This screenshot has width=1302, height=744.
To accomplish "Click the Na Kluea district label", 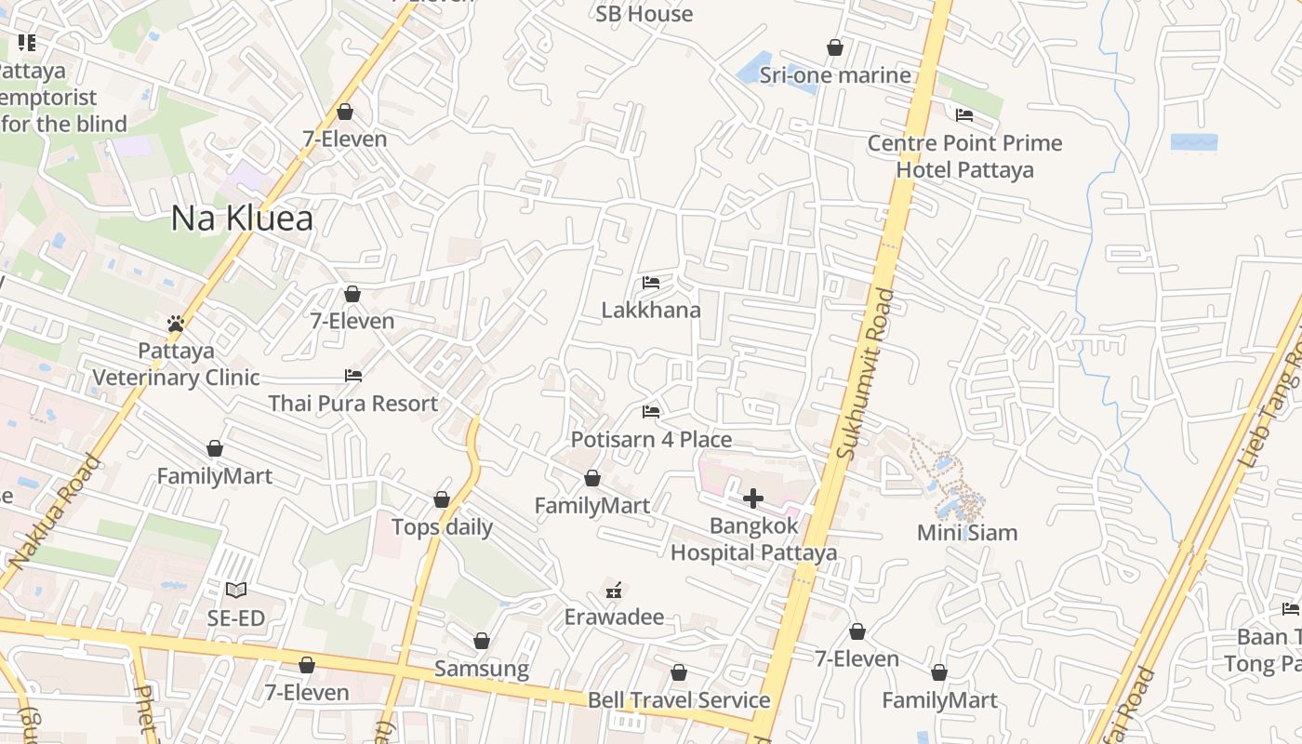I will tap(242, 219).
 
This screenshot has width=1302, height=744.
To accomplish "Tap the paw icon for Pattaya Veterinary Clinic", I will tap(176, 324).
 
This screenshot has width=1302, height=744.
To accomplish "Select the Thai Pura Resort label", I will tap(352, 404).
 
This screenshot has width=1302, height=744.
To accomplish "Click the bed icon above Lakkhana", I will tap(651, 283).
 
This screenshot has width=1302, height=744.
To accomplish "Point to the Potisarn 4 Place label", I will tap(651, 440).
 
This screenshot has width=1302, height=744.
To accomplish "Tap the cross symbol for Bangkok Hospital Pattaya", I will tap(753, 499).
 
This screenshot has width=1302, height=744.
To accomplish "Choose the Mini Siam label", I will tap(967, 533).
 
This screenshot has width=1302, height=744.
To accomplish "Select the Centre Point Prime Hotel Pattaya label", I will tap(964, 156).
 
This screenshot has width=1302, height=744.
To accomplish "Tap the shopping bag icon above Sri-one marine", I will tap(835, 47).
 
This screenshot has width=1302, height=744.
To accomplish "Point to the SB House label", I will tap(644, 14).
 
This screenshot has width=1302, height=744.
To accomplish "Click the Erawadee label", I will tap(614, 618).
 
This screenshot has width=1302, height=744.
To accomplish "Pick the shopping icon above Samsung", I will tap(482, 641).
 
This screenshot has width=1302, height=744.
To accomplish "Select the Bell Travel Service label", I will tap(679, 700).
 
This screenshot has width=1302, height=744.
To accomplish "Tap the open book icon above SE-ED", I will tap(236, 590).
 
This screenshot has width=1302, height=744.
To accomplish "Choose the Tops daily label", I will tap(442, 527).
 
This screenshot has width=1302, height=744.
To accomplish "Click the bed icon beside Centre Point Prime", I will tap(964, 115).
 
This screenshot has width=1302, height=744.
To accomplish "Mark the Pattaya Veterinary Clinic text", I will tap(176, 365).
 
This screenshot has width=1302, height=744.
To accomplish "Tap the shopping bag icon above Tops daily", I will tap(442, 499).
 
